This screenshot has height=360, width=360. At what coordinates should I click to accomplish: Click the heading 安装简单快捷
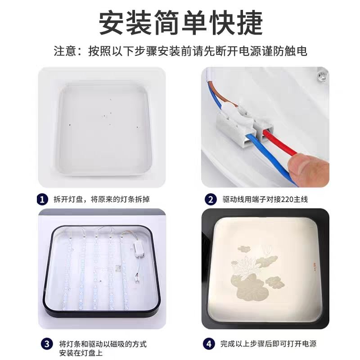(x=181, y=23)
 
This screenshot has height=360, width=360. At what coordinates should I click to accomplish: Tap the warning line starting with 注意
(x=180, y=51)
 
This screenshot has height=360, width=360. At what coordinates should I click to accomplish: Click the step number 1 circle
(x=42, y=199)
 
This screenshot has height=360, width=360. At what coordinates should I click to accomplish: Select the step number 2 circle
(x=211, y=199)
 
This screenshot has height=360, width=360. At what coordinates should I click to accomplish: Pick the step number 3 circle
(x=47, y=344)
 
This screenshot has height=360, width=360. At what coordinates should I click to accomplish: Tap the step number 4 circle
(x=209, y=344)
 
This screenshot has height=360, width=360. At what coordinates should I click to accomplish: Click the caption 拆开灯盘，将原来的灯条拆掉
(x=102, y=199)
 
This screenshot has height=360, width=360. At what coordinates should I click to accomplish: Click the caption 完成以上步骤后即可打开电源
(x=268, y=344)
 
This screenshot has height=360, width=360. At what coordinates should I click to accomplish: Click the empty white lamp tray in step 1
(x=105, y=130)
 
